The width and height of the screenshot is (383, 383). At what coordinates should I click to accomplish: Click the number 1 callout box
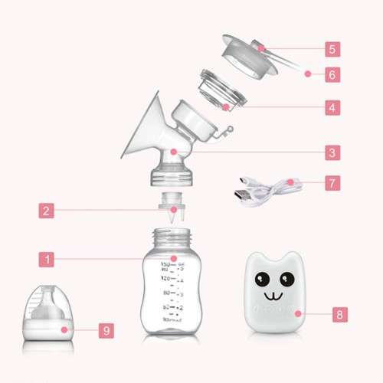(47, 260)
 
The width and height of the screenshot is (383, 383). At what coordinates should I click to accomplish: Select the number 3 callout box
(331, 153)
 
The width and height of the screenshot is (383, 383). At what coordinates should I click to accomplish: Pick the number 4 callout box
(331, 107)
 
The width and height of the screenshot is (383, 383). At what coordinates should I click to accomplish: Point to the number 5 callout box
(331, 49)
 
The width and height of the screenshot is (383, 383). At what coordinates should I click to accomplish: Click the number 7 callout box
(331, 184)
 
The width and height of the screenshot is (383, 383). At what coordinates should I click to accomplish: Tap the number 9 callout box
(106, 331)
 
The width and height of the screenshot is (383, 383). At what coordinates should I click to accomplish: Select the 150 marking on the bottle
(165, 266)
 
